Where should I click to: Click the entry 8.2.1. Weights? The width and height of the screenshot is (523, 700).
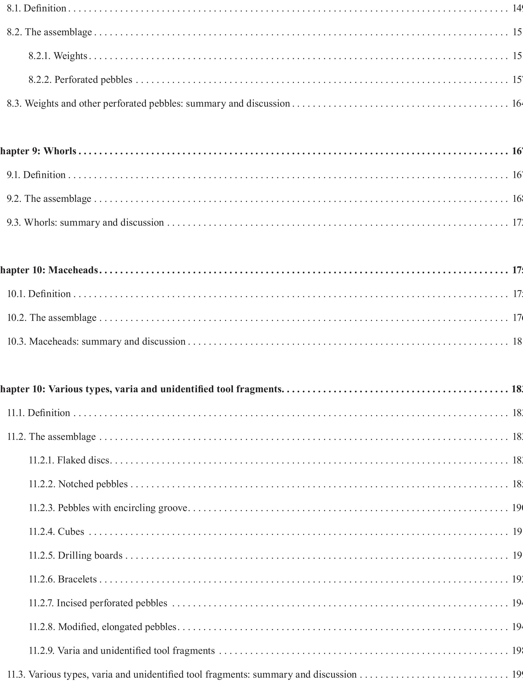pos(58,56)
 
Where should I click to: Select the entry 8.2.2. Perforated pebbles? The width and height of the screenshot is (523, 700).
pos(80,79)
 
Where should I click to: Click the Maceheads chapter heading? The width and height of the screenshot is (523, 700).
pos(49,270)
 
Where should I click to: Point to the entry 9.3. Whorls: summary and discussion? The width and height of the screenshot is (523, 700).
pos(85,223)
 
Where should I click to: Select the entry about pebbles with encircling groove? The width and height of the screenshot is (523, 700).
pos(108,508)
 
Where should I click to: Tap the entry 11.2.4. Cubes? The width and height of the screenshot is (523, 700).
pos(57,531)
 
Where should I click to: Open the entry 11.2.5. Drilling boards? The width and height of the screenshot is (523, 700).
pos(76,555)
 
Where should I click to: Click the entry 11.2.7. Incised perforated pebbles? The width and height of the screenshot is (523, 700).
pos(98,603)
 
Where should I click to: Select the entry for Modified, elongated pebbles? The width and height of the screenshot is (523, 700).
pos(103,627)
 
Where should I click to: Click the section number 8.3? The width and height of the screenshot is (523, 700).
pos(14,104)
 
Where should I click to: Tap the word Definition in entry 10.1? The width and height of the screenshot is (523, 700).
pos(49,294)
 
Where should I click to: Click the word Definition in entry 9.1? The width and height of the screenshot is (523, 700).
pos(44,175)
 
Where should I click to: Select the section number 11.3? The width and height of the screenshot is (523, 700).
pos(16,674)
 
